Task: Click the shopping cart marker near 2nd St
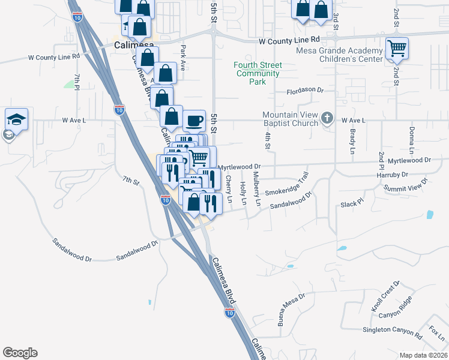tap(397, 48)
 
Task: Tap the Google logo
tap(20, 353)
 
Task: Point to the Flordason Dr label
tap(305, 91)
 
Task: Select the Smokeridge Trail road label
tap(287, 185)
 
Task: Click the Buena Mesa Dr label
tap(291, 309)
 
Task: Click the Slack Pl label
tap(352, 205)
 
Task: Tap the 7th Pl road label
tap(77, 82)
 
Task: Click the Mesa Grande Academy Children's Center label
tap(339, 55)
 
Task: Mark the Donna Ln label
tap(412, 139)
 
